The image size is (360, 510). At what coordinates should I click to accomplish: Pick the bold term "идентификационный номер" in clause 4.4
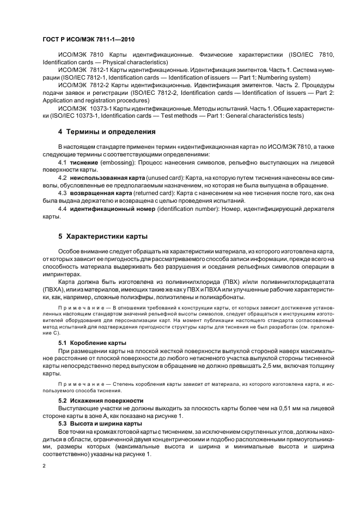(110, 209)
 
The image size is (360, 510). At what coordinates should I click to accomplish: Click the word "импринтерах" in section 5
(64, 274)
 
